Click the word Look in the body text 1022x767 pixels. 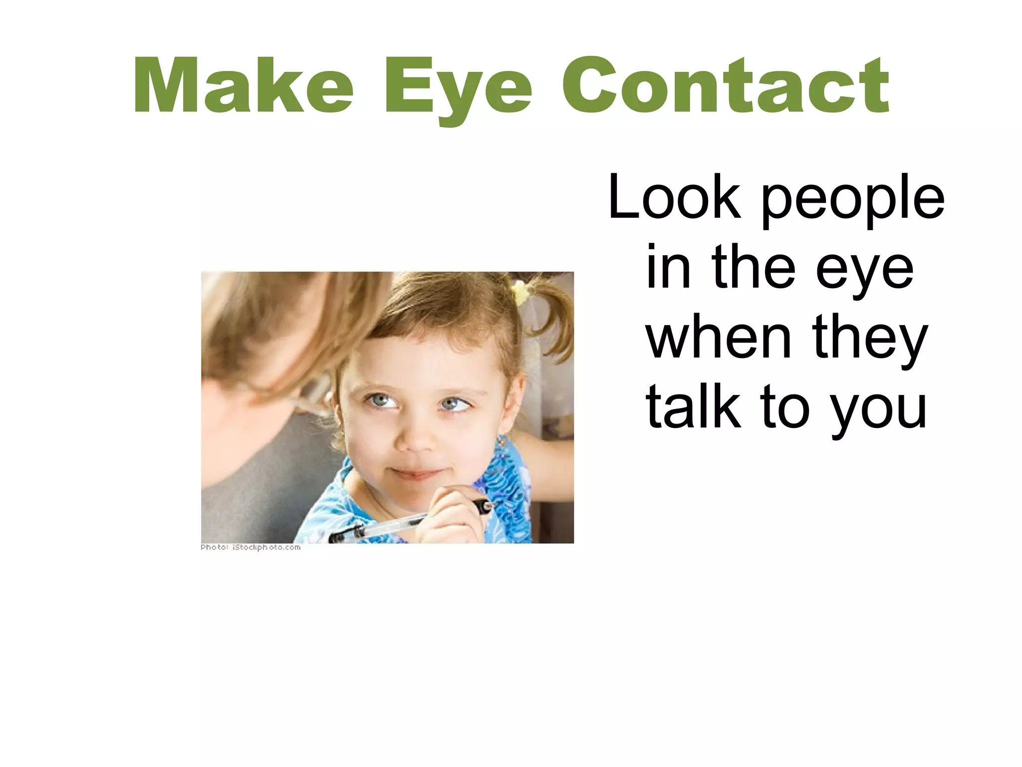click(x=674, y=197)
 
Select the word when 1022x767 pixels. click(x=719, y=337)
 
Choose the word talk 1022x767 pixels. click(x=693, y=407)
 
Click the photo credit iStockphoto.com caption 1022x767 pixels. click(x=251, y=547)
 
